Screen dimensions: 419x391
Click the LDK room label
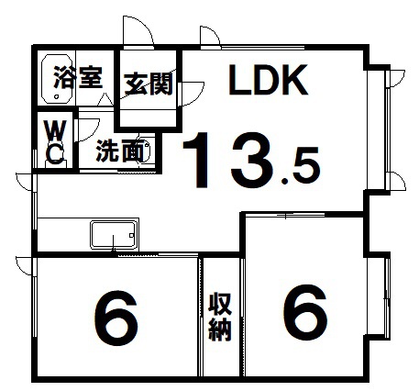pos(269,80)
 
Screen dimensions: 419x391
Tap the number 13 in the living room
pos(227,160)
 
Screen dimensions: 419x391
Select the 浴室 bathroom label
pos(77,77)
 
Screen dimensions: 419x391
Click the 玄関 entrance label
pos(149,84)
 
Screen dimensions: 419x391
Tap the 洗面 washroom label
pos(120,151)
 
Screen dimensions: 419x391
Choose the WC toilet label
pos(55,141)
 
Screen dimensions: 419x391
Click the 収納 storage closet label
pos(220,317)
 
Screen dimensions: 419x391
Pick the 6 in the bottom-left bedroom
pos(116,318)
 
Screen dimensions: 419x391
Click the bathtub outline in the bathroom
pos(57,79)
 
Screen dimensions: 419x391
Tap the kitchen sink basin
pos(114,235)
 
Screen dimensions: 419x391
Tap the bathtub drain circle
pos(56,96)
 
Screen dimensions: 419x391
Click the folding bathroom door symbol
pos(105,99)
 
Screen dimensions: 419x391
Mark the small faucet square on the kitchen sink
pos(132,236)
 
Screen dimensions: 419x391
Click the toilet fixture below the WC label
pos(55,164)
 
